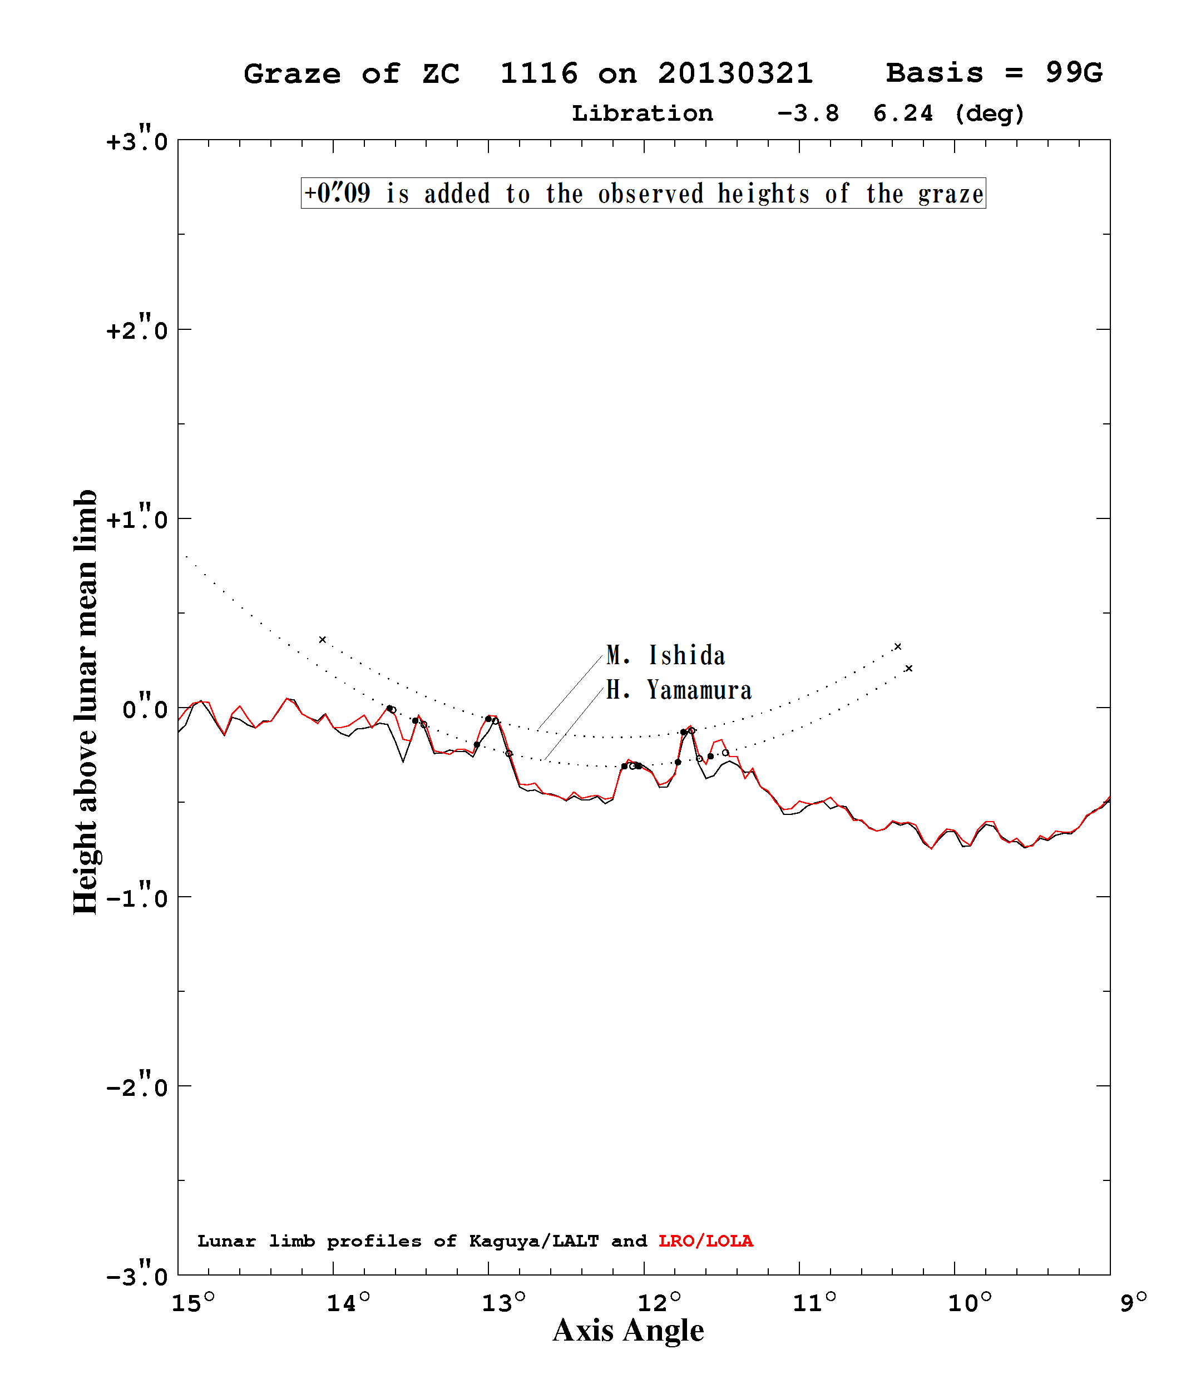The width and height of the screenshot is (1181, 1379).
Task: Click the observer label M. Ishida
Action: click(x=665, y=655)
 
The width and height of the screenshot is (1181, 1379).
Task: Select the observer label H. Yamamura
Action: click(x=678, y=690)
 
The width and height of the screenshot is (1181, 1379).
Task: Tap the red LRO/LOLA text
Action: click(x=706, y=1241)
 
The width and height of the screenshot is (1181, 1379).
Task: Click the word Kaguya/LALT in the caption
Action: click(x=534, y=1241)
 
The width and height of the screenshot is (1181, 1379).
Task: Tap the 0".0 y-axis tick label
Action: click(x=145, y=708)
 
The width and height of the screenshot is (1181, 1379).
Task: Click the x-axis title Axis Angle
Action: click(x=629, y=1332)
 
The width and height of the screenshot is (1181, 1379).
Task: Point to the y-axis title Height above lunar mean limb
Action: click(x=85, y=702)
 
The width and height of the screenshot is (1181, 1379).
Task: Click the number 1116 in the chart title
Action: click(x=538, y=73)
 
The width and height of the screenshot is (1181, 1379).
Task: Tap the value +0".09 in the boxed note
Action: click(x=337, y=193)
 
